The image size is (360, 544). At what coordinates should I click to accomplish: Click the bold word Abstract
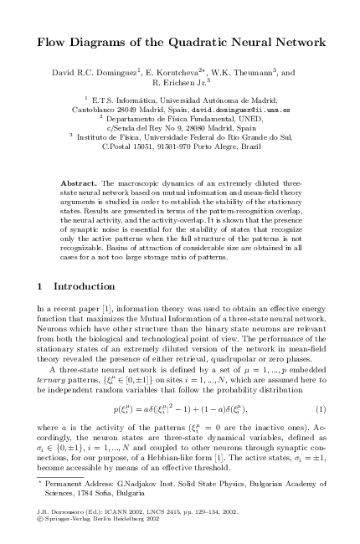coord(80,182)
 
